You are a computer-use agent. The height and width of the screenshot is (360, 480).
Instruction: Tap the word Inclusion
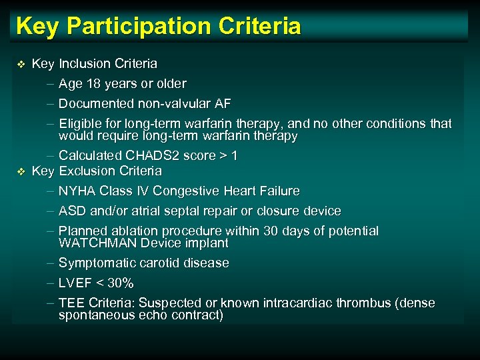tap(85, 64)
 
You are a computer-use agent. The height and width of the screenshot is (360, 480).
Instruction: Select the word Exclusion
tap(86, 171)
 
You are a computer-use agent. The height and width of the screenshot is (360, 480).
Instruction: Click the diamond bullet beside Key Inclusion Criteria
tap(20, 64)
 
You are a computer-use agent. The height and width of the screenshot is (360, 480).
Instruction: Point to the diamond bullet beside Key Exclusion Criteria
tap(20, 171)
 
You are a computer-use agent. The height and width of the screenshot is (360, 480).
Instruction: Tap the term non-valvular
tap(175, 104)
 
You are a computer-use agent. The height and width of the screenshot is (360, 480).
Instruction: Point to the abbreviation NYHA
tap(76, 191)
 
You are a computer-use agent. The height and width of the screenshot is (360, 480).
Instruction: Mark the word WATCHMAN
tap(93, 243)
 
